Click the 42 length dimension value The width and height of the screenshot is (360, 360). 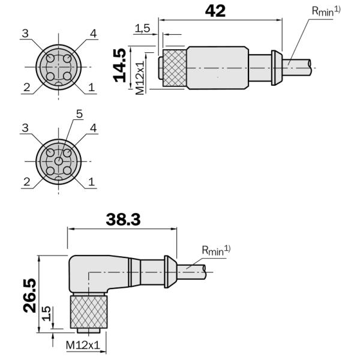[215, 11]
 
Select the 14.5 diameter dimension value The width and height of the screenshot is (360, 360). [119, 65]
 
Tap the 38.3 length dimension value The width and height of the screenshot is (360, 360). [123, 220]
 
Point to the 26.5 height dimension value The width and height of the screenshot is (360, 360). [29, 296]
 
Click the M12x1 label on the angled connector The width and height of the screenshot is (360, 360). [83, 345]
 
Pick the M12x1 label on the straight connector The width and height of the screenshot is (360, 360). [140, 78]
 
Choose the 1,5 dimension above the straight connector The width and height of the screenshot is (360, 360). [142, 28]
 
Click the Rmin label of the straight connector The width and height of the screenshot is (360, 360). [326, 11]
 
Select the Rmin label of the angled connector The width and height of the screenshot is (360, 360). [216, 250]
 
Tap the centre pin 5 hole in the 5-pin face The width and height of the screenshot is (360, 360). [58, 161]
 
